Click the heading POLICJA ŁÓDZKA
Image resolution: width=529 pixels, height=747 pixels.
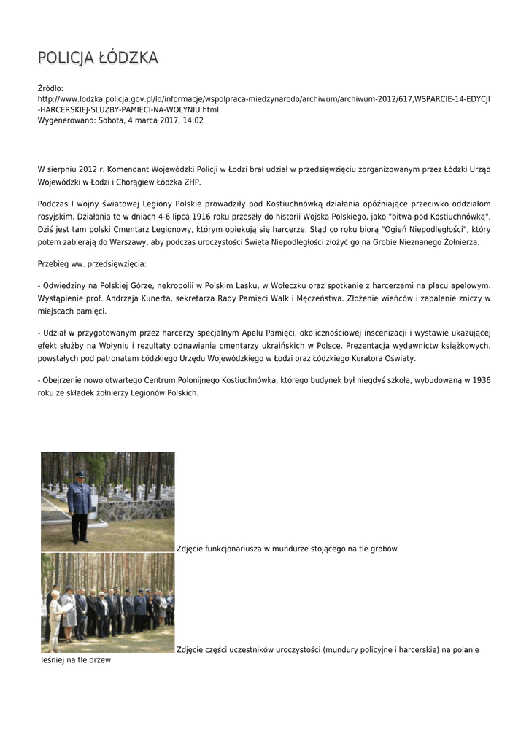(98, 58)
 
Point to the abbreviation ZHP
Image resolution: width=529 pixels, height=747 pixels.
(191, 182)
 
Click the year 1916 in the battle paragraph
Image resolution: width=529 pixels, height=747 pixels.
(206, 217)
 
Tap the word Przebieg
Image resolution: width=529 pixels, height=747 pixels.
(54, 263)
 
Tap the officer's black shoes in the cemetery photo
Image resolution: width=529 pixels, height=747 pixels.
(79, 541)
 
